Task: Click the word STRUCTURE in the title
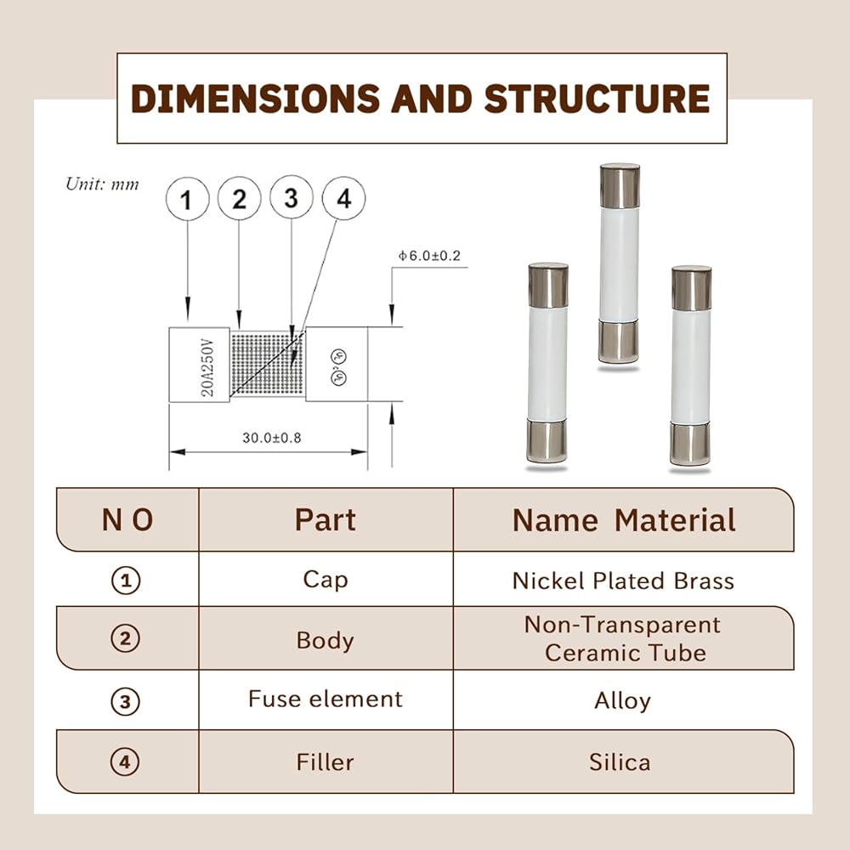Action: point(597,99)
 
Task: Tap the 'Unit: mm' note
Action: point(102,184)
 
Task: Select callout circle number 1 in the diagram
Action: point(188,199)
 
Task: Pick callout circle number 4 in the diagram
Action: point(343,198)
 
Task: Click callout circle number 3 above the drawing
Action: point(292,198)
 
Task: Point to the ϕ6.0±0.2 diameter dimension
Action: point(429,256)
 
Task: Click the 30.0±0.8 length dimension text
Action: point(272,438)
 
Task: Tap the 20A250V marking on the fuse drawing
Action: point(207,367)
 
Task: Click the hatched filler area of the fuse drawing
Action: point(268,364)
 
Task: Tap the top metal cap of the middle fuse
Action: point(620,185)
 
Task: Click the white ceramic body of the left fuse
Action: point(547,364)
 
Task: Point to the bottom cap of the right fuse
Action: point(690,444)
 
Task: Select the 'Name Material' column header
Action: point(624,520)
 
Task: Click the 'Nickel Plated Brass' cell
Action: point(623,581)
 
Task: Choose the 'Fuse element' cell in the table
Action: point(326,699)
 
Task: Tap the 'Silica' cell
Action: point(620,762)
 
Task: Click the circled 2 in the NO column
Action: point(126,638)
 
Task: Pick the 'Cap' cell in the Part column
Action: point(326,580)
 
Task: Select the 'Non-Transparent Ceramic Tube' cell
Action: point(623,638)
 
